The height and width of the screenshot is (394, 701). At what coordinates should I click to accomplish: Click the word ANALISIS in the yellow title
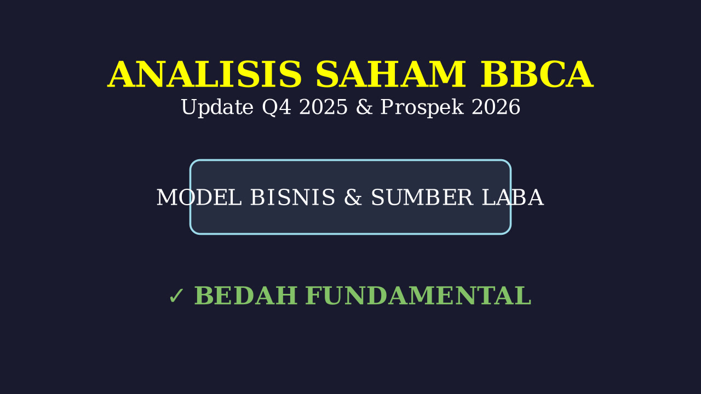click(205, 75)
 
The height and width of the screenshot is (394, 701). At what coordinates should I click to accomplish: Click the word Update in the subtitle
click(217, 108)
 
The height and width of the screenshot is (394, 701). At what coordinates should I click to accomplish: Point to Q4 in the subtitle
click(277, 108)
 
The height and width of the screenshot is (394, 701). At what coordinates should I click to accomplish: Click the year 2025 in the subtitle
click(323, 107)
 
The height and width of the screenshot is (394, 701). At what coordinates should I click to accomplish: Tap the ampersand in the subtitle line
click(364, 107)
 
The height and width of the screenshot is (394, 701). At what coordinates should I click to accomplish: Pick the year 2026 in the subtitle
click(496, 107)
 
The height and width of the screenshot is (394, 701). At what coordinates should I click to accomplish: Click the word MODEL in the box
click(199, 198)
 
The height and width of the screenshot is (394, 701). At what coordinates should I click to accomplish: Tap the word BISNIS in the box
click(292, 198)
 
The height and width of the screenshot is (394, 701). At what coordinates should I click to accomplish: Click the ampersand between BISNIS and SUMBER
click(353, 198)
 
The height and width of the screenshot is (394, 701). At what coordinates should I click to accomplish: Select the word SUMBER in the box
click(422, 198)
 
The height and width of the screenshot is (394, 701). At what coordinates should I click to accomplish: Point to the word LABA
click(513, 198)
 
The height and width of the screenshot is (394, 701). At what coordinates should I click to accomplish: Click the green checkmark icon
click(176, 296)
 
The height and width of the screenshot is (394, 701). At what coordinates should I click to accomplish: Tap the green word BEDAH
click(246, 296)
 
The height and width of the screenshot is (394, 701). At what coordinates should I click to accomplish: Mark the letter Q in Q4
click(269, 108)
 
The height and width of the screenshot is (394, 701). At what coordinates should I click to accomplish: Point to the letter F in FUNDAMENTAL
click(314, 296)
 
